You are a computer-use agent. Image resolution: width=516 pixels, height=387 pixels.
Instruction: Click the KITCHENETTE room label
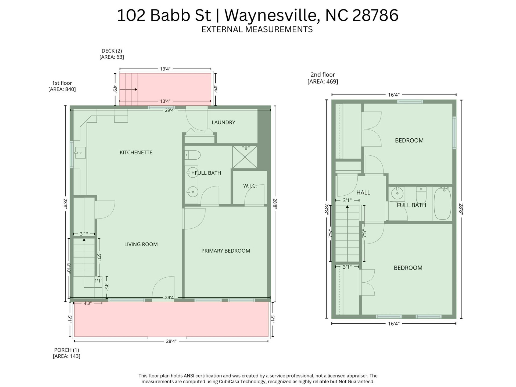[136, 152]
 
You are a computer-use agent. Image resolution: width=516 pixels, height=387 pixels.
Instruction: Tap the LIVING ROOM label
[141, 244]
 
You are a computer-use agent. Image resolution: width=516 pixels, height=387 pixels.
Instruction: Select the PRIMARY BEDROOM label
[225, 251]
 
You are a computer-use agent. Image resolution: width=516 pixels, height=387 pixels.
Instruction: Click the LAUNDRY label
[223, 123]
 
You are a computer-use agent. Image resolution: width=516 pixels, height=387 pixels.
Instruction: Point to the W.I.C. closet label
[250, 186]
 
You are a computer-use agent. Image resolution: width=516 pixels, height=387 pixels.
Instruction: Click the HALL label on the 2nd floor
[363, 192]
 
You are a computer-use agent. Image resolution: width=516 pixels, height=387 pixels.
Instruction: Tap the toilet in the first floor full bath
[193, 155]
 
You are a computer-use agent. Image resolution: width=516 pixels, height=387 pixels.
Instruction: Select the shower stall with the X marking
[245, 157]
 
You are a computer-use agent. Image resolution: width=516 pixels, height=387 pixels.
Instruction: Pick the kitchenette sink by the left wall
[80, 153]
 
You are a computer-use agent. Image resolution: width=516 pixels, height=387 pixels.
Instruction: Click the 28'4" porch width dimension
[171, 341]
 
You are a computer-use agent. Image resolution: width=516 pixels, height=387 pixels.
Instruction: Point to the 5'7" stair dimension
[99, 257]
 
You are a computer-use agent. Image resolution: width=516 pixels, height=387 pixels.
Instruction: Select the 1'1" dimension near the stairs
[98, 281]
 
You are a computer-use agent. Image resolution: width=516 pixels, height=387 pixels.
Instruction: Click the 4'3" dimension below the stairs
[88, 303]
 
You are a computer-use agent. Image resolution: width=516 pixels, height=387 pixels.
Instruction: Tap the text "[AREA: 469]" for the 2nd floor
[322, 81]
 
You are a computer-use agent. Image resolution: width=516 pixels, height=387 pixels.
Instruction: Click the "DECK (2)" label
[112, 51]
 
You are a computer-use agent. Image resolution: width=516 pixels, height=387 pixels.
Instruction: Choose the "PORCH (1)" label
[66, 350]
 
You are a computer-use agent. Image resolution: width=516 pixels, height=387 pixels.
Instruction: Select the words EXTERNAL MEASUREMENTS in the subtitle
[257, 29]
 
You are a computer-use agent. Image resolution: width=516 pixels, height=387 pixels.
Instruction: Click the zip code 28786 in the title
[375, 15]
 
